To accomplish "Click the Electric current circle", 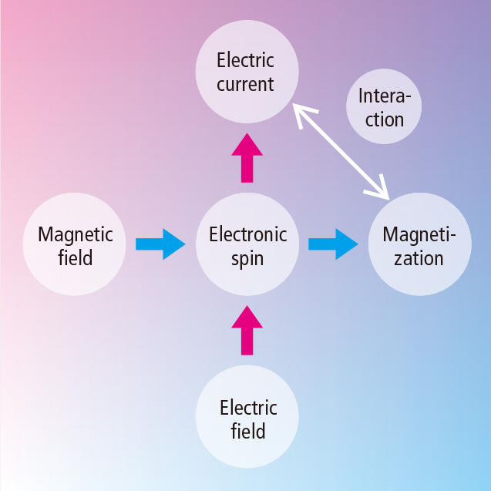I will click(x=246, y=72).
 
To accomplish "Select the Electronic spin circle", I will click(x=247, y=245).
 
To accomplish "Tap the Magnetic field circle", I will click(x=76, y=245).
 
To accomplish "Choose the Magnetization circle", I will click(x=419, y=245).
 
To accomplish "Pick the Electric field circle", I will click(x=247, y=418).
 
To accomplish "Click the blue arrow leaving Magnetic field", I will click(x=160, y=244).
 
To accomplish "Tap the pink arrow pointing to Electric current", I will click(x=247, y=157).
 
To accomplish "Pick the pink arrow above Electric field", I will click(x=247, y=330).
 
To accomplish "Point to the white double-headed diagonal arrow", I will click(x=342, y=151).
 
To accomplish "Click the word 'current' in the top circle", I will click(x=245, y=84).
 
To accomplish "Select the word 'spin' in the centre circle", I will click(x=247, y=258).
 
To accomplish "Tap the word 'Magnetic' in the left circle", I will click(x=76, y=234).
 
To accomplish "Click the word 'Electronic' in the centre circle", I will click(x=247, y=234).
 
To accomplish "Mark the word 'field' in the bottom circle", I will click(x=248, y=431).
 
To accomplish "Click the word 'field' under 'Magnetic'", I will click(x=76, y=257).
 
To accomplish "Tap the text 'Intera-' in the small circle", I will click(x=385, y=97).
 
